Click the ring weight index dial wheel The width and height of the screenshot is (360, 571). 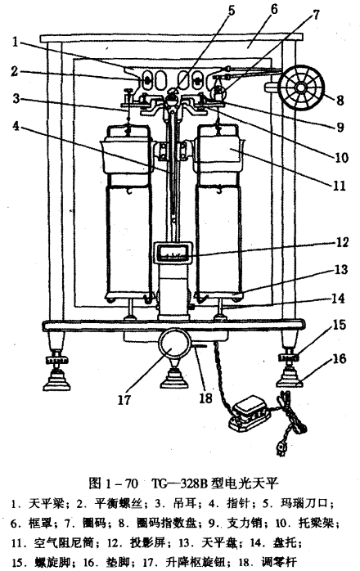(x=300, y=88)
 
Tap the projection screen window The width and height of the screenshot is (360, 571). (x=173, y=252)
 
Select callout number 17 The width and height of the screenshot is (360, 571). (x=124, y=399)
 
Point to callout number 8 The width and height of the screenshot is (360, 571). (x=340, y=100)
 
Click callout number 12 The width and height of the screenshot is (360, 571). (x=342, y=242)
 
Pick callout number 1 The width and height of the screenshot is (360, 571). (x=16, y=42)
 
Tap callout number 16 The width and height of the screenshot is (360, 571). (x=340, y=358)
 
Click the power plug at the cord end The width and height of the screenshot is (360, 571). (x=281, y=449)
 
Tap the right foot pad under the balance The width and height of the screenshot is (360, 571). (x=290, y=378)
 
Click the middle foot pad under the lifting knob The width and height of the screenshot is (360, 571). (x=174, y=378)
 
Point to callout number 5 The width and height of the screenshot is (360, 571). (x=232, y=9)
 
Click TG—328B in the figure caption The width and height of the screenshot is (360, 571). (x=179, y=483)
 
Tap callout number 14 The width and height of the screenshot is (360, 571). (x=339, y=298)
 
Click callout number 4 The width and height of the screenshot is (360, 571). (x=16, y=126)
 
